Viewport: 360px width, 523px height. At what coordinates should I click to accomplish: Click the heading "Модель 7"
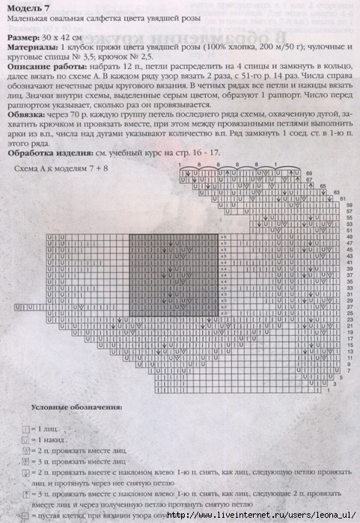coord(30,8)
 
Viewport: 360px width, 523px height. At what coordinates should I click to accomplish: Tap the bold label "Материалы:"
coord(34,45)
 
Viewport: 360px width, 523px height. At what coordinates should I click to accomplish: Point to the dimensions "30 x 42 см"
coord(71,35)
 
